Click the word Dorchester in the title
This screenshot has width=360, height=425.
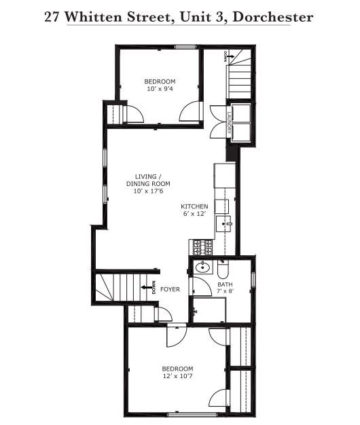pyautogui.click(x=272, y=17)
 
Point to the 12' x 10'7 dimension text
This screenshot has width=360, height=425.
pyautogui.click(x=177, y=375)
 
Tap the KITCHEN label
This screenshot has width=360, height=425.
pyautogui.click(x=194, y=206)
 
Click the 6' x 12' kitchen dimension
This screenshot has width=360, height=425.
pyautogui.click(x=194, y=214)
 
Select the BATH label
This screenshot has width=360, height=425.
pyautogui.click(x=225, y=284)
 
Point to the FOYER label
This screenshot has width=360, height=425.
pyautogui.click(x=170, y=289)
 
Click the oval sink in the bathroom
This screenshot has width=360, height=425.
pyautogui.click(x=202, y=268)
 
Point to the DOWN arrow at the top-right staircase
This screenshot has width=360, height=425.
pyautogui.click(x=229, y=57)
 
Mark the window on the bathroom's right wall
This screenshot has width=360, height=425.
pyautogui.click(x=253, y=278)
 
